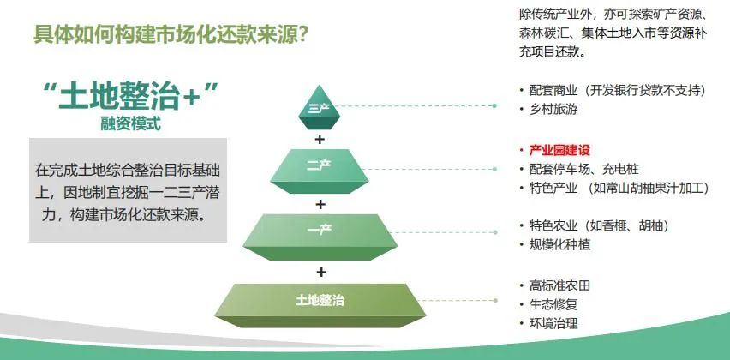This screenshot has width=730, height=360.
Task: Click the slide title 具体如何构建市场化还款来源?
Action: tap(172, 34)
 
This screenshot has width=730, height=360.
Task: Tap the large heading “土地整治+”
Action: tap(130, 96)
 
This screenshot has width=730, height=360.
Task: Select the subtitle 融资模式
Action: tap(130, 123)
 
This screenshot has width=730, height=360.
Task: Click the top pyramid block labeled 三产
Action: tap(319, 108)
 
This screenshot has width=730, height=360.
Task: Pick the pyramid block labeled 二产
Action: tap(319, 171)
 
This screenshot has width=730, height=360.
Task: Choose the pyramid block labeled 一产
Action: tap(320, 237)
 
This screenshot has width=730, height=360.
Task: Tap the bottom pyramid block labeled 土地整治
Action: tap(320, 305)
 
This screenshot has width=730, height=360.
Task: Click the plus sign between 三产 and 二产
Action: tap(320, 139)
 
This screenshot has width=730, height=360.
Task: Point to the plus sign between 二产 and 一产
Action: tap(320, 204)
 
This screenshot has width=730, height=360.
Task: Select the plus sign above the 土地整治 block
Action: tap(320, 272)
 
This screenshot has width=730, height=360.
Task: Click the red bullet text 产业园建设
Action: tap(559, 150)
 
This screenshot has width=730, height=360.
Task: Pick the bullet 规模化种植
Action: tap(559, 244)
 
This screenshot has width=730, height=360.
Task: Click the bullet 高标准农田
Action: tap(559, 285)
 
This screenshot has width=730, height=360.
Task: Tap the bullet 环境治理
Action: tap(553, 323)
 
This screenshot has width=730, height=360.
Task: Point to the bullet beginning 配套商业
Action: tap(618, 90)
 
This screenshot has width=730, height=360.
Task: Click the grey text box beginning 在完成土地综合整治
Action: tap(128, 190)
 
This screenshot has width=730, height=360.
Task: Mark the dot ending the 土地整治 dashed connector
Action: tap(495, 300)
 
